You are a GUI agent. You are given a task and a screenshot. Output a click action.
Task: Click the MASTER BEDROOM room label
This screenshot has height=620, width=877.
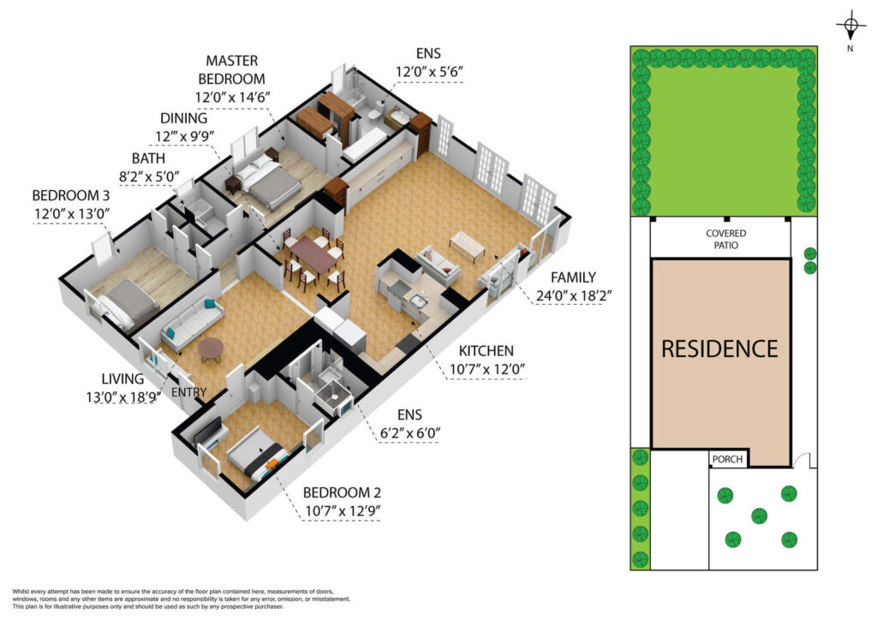[231, 69]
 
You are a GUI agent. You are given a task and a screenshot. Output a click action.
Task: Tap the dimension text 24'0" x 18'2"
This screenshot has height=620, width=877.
[573, 295]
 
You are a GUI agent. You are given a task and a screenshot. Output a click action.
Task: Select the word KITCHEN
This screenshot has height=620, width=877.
[486, 350]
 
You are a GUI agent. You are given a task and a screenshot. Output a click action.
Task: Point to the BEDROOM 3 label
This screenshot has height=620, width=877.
[71, 195]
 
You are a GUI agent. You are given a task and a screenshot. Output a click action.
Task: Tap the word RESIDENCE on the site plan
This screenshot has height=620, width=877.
[719, 349]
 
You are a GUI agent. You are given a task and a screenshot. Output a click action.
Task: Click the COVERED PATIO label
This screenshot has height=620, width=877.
[725, 239]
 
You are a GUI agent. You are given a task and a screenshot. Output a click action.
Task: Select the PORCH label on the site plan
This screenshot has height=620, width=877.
[727, 459]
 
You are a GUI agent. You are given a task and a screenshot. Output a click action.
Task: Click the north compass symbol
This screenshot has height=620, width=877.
[850, 26]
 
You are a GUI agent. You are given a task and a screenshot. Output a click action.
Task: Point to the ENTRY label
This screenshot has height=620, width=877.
[188, 392]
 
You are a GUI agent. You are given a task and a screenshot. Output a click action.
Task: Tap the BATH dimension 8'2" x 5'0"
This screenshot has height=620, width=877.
[149, 176]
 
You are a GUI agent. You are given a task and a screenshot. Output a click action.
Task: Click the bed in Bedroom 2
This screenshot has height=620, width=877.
[258, 454]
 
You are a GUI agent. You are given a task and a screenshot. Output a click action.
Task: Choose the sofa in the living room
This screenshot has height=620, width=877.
[192, 323]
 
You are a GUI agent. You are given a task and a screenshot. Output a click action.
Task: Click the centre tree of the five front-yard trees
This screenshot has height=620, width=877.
[759, 516]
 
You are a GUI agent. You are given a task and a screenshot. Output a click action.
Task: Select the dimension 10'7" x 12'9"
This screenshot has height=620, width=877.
[343, 510]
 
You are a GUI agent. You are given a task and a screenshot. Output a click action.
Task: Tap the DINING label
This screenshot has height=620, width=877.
[183, 118]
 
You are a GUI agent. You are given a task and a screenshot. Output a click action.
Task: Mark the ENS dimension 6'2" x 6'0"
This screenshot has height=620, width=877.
[409, 432]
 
